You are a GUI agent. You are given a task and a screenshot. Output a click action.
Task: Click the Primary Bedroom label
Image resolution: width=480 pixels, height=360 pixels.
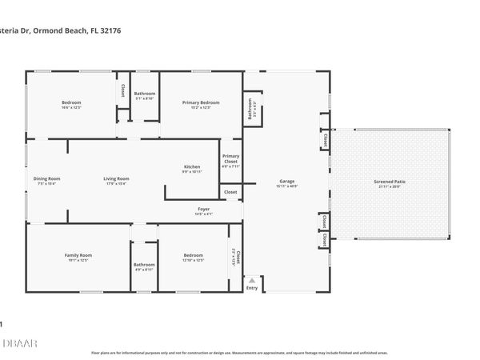[201, 102]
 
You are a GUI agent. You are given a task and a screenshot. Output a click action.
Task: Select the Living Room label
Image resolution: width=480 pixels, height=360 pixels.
[116, 178]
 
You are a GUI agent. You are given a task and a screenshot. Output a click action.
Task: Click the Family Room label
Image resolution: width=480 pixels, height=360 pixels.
[78, 255]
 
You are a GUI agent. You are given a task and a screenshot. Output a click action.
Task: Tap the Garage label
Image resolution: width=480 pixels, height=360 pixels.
[287, 181]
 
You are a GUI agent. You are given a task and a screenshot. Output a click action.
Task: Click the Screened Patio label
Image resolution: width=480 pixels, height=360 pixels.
[390, 182]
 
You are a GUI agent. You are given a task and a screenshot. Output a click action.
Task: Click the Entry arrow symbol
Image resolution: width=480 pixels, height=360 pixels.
[253, 281]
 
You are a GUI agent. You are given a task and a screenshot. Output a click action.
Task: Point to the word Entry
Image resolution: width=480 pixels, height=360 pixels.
[253, 289]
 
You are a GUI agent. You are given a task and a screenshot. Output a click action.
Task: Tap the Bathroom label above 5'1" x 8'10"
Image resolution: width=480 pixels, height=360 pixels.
[145, 94]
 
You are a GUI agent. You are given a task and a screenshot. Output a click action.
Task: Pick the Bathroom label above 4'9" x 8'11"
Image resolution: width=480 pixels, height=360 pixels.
[144, 265]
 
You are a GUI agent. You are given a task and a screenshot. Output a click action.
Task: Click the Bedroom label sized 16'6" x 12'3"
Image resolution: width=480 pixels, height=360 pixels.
[72, 102]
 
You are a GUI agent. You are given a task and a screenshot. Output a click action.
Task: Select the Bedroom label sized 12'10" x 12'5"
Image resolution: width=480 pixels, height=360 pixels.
[193, 255]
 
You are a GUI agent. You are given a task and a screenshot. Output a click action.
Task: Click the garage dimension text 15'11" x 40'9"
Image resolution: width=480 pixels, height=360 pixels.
[287, 186]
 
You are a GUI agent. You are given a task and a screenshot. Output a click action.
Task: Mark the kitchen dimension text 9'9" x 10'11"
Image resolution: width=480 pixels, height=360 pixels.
[192, 171]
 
